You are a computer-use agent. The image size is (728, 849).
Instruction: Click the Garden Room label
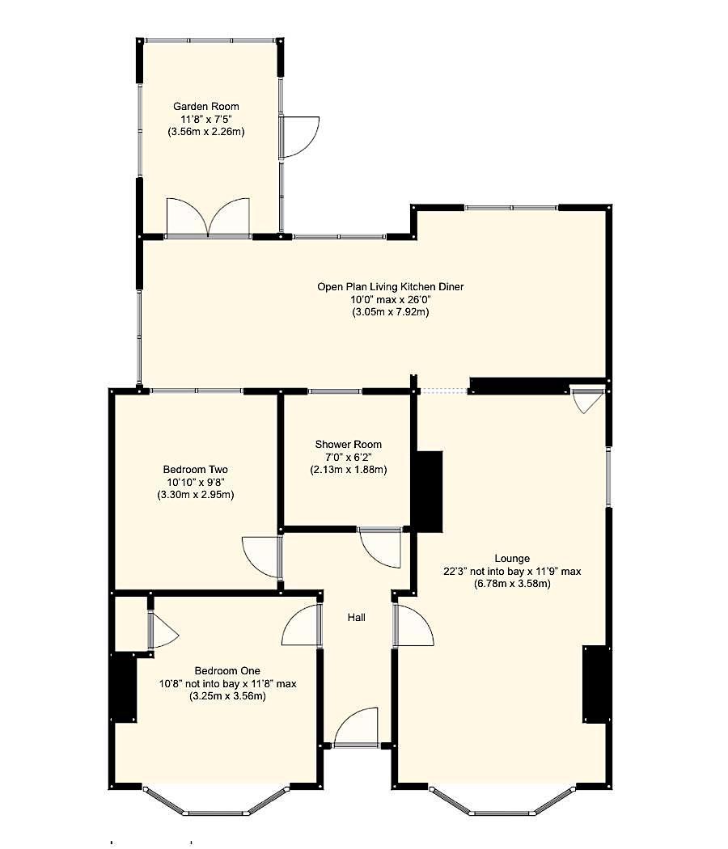pyautogui.click(x=205, y=106)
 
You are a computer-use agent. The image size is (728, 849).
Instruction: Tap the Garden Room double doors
pyautogui.click(x=208, y=217)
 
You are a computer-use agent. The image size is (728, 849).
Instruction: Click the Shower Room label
pyautogui.click(x=348, y=444)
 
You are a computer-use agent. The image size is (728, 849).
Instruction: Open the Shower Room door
pyautogui.click(x=380, y=547)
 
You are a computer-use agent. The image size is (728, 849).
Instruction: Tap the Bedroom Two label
pyautogui.click(x=195, y=469)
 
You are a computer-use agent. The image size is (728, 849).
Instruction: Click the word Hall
pyautogui.click(x=356, y=617)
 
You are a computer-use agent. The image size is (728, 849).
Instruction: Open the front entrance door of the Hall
pyautogui.click(x=357, y=728)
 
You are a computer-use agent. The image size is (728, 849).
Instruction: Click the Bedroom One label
pyautogui.click(x=227, y=670)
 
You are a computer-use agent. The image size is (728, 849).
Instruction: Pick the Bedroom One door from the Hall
pyautogui.click(x=303, y=625)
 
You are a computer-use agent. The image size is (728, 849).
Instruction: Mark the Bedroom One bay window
pyautogui.click(x=216, y=804)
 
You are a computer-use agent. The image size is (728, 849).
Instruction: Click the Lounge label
pyautogui.click(x=512, y=558)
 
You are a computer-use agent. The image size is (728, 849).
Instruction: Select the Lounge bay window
pyautogui.click(x=501, y=804)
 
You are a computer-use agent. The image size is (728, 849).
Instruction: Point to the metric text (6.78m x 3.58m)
pyautogui.click(x=512, y=583)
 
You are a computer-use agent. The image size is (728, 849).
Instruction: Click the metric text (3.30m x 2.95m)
pyautogui.click(x=195, y=494)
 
